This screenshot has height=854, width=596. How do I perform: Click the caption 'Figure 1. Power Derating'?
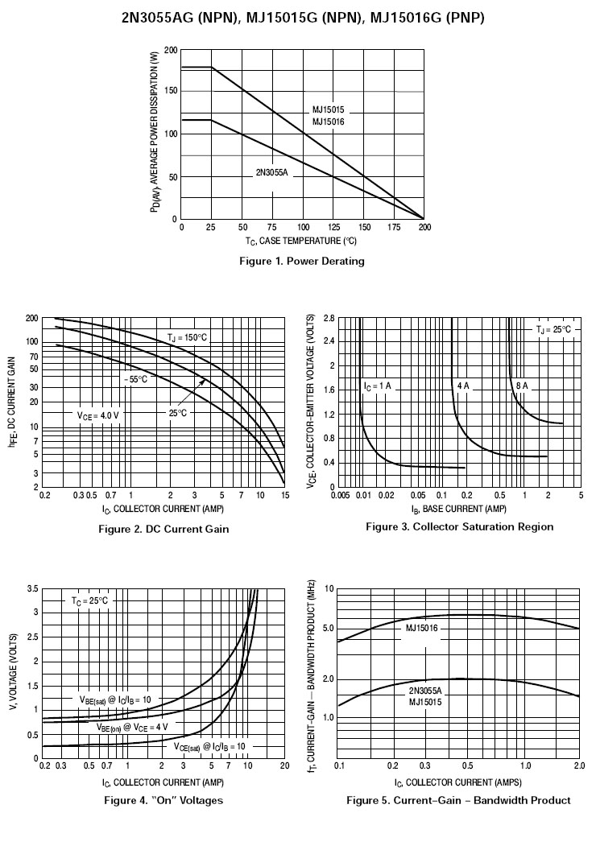pyautogui.click(x=302, y=261)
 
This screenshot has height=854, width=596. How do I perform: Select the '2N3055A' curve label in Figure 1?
pyautogui.click(x=271, y=172)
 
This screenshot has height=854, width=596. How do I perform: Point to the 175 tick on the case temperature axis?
pyautogui.click(x=394, y=228)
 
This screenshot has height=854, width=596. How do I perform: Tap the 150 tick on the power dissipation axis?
pyautogui.click(x=171, y=92)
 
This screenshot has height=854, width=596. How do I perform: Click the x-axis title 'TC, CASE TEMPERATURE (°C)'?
pyautogui.click(x=301, y=241)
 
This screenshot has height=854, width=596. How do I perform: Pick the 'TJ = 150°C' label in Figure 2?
pyautogui.click(x=187, y=336)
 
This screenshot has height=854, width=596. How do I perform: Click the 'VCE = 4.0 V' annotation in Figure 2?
pyautogui.click(x=98, y=415)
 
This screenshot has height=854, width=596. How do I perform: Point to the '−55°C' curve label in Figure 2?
pyautogui.click(x=135, y=378)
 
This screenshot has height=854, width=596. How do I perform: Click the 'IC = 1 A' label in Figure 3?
pyautogui.click(x=376, y=386)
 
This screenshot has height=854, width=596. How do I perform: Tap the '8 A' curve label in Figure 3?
pyautogui.click(x=521, y=386)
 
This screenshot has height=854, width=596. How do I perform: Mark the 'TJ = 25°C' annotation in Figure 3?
pyautogui.click(x=553, y=329)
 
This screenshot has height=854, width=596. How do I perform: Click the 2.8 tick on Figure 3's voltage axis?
pyautogui.click(x=328, y=319)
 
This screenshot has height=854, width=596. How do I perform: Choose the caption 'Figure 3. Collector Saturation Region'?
pyautogui.click(x=459, y=526)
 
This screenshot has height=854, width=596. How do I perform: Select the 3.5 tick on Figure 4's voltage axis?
pyautogui.click(x=33, y=590)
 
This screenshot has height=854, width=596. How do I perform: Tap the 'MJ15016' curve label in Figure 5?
pyautogui.click(x=421, y=627)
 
